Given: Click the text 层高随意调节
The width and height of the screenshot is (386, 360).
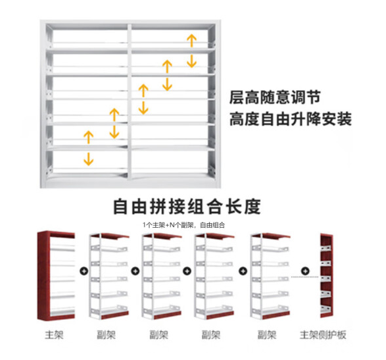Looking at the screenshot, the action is point(275,97).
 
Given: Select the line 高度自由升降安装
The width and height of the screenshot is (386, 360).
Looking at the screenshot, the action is point(291,118).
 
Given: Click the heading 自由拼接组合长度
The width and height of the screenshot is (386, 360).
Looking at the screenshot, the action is point(187,206).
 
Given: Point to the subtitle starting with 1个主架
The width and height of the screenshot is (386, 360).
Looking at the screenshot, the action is point(183,225).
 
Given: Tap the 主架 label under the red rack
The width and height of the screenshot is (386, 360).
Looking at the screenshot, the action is point(54,334).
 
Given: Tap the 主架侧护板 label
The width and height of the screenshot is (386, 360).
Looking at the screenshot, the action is point(323,334).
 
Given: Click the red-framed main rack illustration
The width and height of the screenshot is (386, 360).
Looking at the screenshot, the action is point(56,276).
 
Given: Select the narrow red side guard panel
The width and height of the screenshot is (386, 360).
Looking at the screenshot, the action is point(326,276).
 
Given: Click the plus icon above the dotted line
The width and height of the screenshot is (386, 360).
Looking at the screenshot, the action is point(305,271).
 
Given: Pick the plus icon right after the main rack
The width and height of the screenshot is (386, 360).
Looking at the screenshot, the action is point(84,271).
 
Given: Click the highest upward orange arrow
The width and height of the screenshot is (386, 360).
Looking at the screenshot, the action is point(191,41).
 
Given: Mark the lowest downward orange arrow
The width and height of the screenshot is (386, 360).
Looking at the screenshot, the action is point(88,159).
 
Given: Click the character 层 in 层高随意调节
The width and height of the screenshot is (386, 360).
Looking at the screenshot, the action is point(237,97).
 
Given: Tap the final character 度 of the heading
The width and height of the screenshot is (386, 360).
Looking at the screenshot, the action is point(253,206).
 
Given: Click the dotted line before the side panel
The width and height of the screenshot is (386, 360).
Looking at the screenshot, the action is point(304,277).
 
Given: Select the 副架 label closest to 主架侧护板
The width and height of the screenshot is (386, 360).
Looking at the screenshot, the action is point(267,334).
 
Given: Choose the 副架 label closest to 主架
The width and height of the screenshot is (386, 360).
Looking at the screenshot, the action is point(106,334).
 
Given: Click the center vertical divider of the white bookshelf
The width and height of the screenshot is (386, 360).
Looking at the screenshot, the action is point(130,101).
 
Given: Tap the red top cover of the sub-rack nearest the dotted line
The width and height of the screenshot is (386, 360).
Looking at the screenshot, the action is point(276,236).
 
